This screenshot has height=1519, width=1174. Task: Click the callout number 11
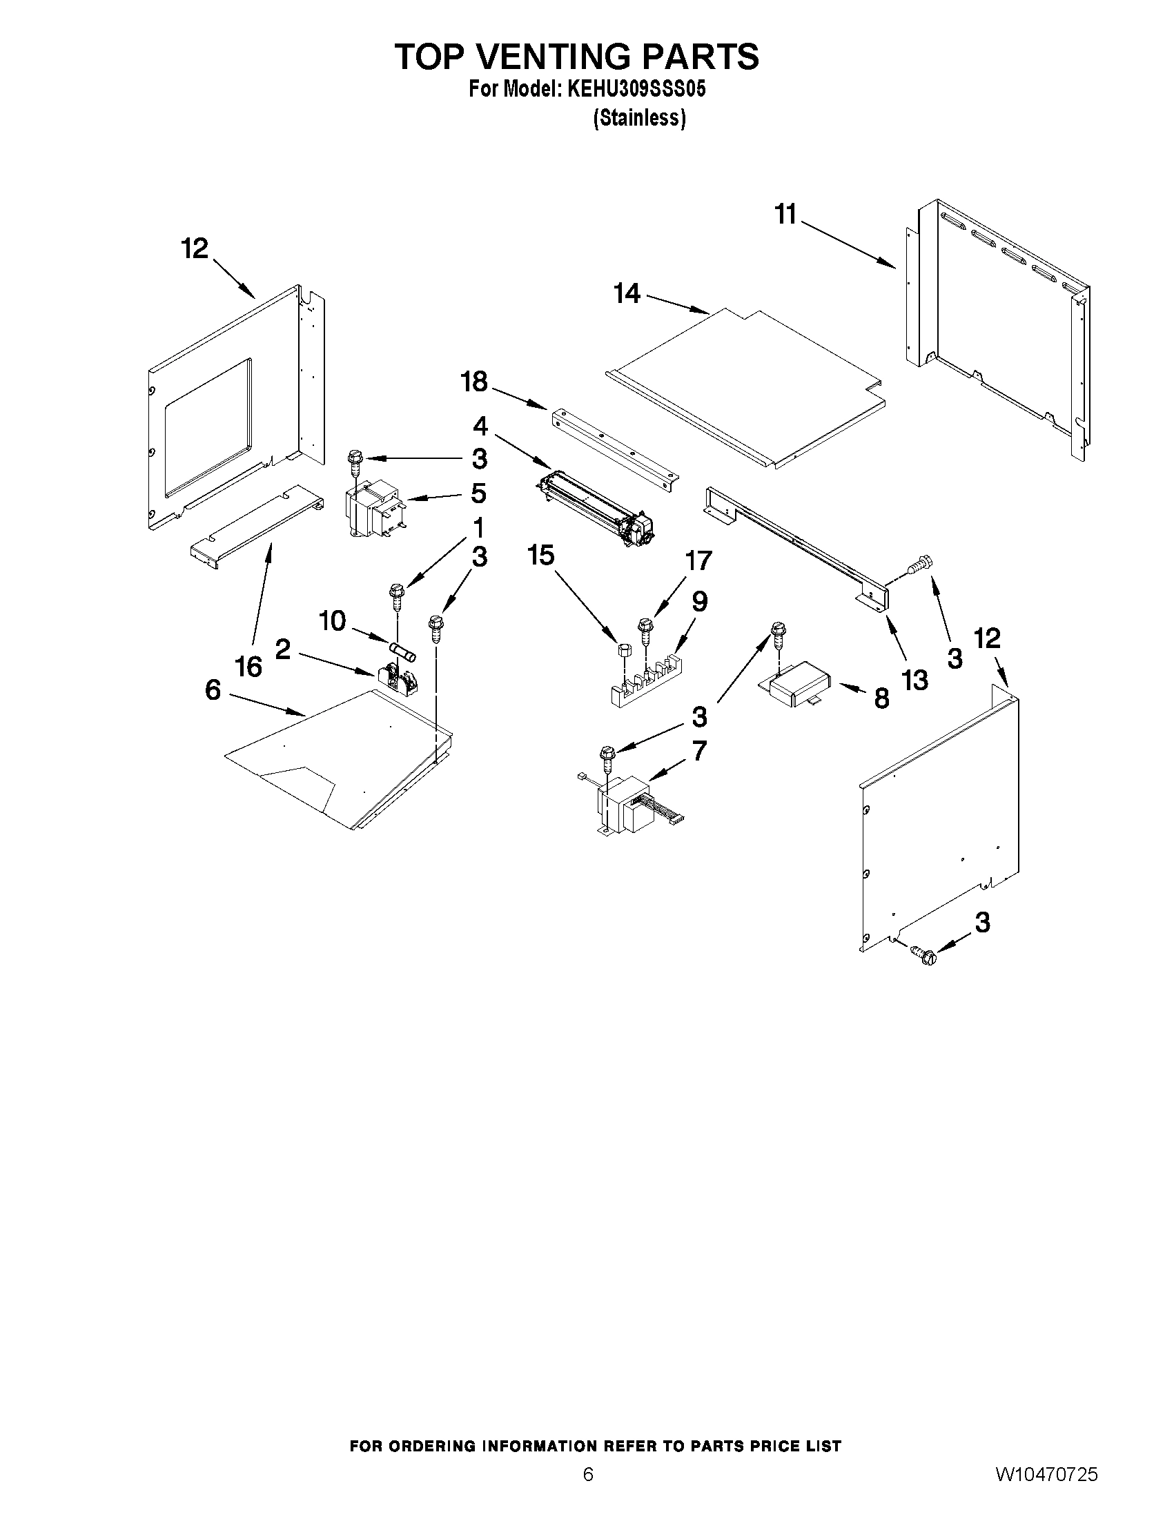point(785,214)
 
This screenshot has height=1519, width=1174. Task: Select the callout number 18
point(474,382)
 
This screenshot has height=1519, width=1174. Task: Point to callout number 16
point(248,665)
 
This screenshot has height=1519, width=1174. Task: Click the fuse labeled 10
point(403,651)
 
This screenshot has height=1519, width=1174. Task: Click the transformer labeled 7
point(625,807)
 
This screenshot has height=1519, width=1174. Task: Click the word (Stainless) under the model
point(639,119)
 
